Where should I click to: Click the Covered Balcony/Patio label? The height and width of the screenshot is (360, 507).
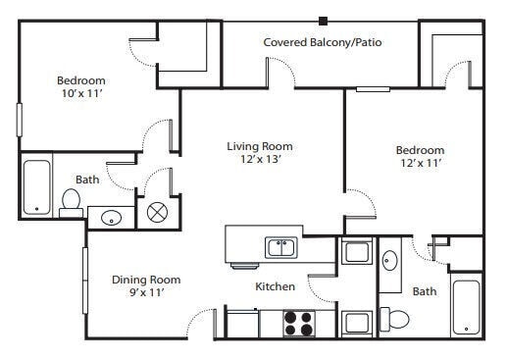pos(323,42)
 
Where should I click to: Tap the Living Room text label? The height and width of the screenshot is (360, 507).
pos(260,146)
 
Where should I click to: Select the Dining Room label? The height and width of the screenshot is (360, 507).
pos(146,280)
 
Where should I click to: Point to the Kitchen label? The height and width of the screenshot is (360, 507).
pos(275,286)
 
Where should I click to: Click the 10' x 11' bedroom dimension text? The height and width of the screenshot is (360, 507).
pos(82,93)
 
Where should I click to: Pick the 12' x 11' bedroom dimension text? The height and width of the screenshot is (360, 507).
pos(421,163)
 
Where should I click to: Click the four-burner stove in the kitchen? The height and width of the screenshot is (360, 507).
pos(299,323)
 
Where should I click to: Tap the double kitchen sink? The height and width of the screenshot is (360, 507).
pos(281,247)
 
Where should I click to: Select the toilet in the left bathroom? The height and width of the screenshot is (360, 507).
pos(71,203)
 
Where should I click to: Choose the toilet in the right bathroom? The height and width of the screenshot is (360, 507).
pos(394,319)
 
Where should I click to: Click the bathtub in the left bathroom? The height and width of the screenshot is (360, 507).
pos(37,187)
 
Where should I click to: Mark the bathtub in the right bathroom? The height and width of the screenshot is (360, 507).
pos(466,307)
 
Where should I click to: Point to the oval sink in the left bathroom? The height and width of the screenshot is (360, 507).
pos(112,218)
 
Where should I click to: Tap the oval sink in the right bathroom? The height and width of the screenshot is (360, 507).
pos(390,260)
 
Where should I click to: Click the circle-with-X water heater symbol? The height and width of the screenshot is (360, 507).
pos(157,213)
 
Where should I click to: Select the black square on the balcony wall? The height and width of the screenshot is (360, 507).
pos(323,22)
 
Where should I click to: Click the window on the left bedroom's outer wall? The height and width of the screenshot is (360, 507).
pos(20,120)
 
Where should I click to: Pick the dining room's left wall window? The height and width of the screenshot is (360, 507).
pos(85,281)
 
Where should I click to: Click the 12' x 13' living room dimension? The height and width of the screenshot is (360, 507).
pos(261,159)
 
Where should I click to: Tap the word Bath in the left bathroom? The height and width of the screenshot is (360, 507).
pos(87,180)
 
